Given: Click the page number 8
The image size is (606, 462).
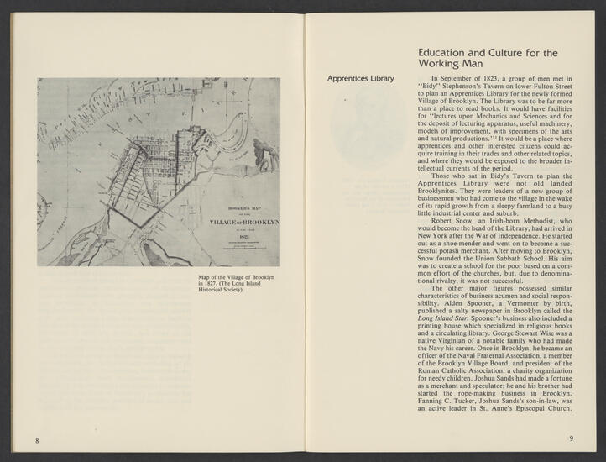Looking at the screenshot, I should (37, 440).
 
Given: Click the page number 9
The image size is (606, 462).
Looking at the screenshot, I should (570, 438).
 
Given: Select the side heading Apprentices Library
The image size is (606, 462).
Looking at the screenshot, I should (361, 79).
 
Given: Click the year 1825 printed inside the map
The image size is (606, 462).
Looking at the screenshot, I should (243, 237).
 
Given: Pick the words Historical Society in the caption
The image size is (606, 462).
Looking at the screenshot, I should (220, 291).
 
